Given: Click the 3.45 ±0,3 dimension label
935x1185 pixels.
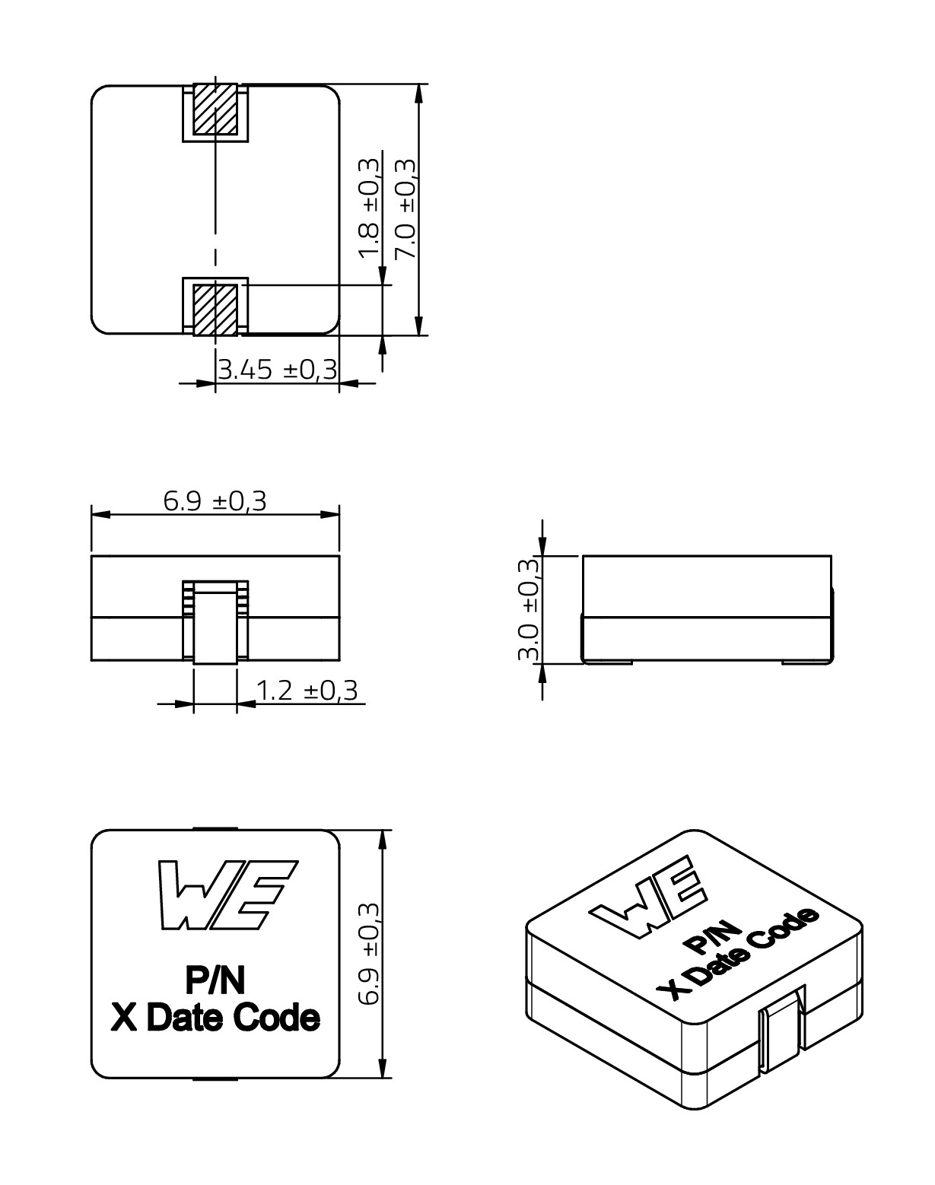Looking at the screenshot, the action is [x=278, y=370].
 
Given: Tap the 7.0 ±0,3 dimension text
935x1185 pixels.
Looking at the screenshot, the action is [x=406, y=208].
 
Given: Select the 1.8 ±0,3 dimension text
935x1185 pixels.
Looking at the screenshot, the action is [x=369, y=208].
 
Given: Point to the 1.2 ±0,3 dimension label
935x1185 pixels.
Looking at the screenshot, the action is [x=307, y=691].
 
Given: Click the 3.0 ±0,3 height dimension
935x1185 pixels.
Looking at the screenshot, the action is [x=529, y=609].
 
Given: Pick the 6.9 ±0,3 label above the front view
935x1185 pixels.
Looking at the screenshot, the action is [x=215, y=501].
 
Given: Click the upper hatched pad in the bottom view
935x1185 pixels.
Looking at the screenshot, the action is [x=215, y=109].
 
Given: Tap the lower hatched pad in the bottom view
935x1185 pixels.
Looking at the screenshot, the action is [x=215, y=310].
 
